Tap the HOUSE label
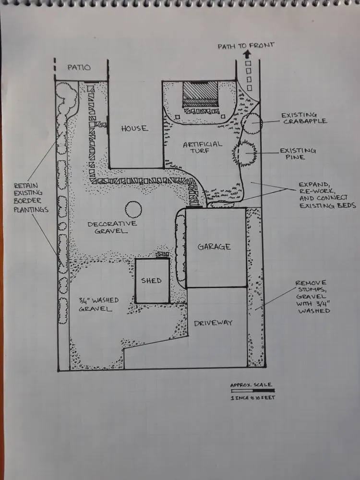click(134, 128)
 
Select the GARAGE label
click(214, 247)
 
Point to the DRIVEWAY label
click(213, 323)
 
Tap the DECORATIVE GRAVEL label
click(112, 227)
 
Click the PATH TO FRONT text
click(246, 46)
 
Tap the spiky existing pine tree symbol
click(245, 153)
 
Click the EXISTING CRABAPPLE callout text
click(304, 118)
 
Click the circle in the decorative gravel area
click(133, 209)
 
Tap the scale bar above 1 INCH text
click(252, 391)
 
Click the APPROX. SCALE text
click(251, 384)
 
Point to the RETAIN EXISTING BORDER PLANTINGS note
click(31, 197)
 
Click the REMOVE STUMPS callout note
click(313, 297)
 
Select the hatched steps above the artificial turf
click(200, 94)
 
